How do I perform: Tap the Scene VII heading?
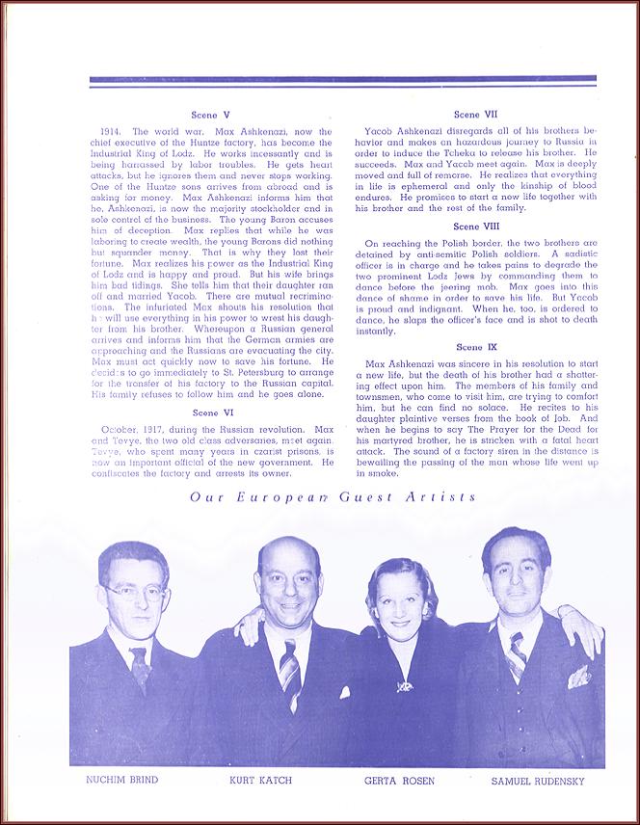(x=474, y=114)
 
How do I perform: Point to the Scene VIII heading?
(x=474, y=226)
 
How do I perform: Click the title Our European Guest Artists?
(x=333, y=496)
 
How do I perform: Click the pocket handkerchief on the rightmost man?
(x=578, y=678)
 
